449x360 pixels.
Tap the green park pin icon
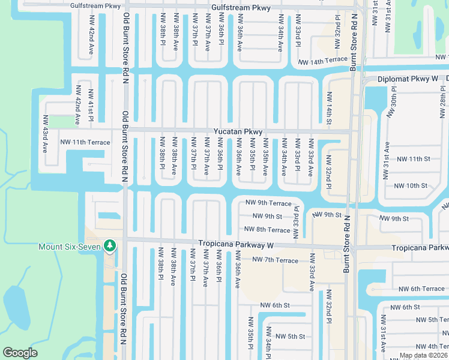point(109,246)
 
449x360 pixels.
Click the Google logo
point(20,353)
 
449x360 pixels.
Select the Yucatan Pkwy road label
point(238,131)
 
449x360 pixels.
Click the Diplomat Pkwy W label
point(409,79)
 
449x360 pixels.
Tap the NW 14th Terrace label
point(322,60)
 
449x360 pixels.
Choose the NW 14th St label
point(330,109)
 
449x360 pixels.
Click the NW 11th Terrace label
point(85,142)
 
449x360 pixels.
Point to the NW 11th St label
point(411,158)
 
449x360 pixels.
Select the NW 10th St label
point(411,186)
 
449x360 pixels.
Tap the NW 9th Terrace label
point(268,204)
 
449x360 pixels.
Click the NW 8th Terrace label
point(267,230)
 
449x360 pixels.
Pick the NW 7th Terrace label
point(275,260)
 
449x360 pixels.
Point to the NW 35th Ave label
point(265,157)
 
